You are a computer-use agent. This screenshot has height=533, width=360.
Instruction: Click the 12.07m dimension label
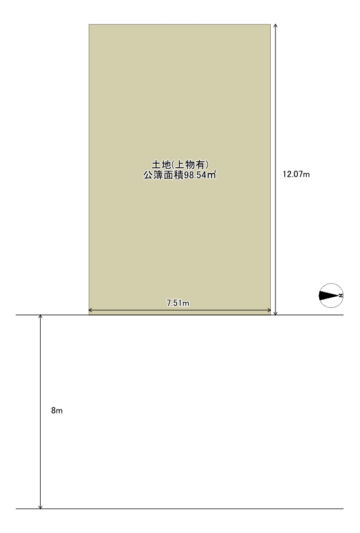[x=296, y=174]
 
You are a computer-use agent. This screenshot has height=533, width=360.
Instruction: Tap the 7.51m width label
[x=178, y=303]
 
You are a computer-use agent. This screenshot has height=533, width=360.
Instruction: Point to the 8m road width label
[x=57, y=410]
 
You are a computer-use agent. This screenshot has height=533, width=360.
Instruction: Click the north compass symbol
[x=331, y=295]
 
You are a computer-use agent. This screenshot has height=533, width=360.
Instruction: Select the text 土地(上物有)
[x=180, y=164]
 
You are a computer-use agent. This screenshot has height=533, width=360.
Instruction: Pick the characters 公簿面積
[x=164, y=175]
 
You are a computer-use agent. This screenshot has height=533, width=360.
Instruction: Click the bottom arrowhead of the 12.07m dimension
[x=275, y=314]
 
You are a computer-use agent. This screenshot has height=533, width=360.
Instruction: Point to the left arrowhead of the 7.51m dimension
[x=89, y=310]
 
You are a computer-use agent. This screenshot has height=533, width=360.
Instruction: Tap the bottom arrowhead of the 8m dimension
[x=40, y=508]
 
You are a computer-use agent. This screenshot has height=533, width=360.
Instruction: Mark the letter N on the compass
[x=340, y=295]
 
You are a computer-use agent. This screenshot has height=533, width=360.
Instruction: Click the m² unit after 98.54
[x=212, y=175]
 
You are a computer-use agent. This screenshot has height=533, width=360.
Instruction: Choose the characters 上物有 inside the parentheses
[x=189, y=164]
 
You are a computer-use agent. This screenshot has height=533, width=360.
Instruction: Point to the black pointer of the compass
[x=329, y=295]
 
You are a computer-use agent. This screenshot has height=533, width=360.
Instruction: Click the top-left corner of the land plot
[x=89, y=24]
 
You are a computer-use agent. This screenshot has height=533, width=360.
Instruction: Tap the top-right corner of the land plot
[x=271, y=24]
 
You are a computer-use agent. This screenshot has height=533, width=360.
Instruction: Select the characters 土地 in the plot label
[x=161, y=164]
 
